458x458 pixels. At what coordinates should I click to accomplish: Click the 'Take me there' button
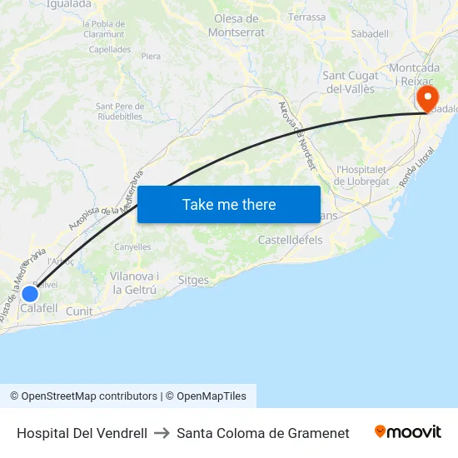coord(229,204)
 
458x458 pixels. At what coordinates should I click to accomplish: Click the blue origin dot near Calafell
coord(30,293)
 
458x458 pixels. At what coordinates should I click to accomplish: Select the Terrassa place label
coord(307,17)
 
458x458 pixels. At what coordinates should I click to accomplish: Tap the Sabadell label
coord(370,33)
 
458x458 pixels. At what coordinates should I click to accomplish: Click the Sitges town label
coord(193,281)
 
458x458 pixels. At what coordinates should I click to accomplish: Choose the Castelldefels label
coord(291,240)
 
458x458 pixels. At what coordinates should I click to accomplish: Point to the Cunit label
coord(79,311)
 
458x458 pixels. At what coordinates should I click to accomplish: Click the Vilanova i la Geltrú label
coord(135,283)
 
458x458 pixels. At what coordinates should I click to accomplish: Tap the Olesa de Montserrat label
coord(237,25)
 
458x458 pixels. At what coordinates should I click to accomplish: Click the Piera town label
coord(151,57)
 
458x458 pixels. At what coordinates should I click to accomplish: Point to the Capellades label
coord(110,49)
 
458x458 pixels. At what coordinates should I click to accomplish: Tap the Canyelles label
coord(132,246)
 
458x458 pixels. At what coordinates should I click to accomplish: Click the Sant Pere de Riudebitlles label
coord(122,111)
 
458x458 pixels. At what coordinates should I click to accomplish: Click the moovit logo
coord(407,432)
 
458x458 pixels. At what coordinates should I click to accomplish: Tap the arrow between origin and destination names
coord(162,433)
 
